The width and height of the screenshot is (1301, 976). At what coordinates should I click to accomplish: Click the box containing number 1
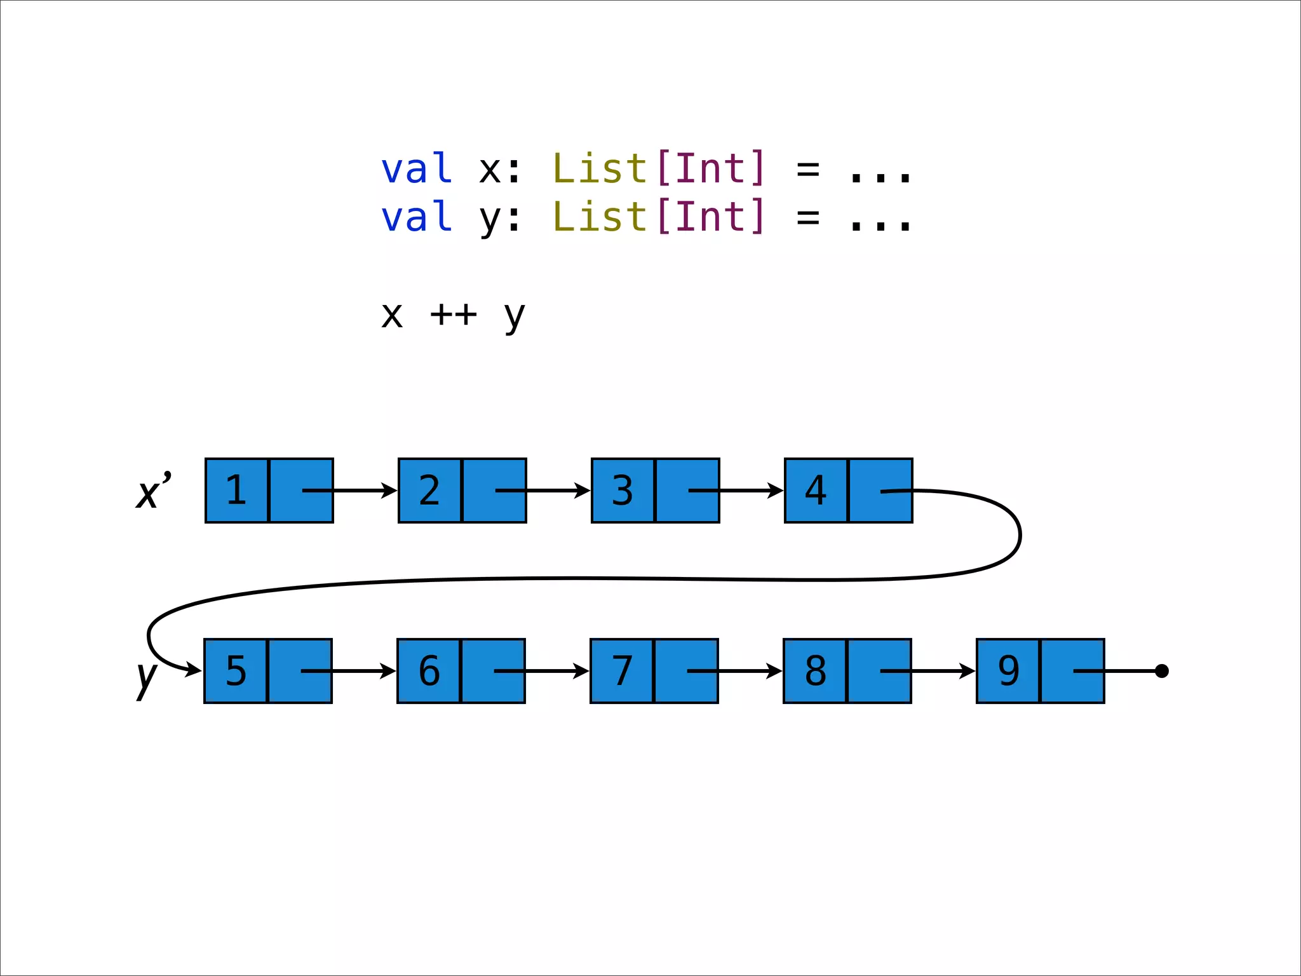tap(237, 491)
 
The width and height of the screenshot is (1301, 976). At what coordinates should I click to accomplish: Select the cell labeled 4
tap(816, 491)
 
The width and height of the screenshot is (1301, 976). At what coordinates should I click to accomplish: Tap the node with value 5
tap(236, 671)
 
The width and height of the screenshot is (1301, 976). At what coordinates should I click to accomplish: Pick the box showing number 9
tap(1008, 671)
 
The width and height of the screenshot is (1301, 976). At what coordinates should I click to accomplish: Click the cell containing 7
tap(622, 671)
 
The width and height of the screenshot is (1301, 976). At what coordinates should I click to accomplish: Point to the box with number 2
tap(430, 491)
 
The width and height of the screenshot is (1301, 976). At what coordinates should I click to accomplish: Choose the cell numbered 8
tap(815, 671)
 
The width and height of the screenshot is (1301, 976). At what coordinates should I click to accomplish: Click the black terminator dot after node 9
tap(1162, 671)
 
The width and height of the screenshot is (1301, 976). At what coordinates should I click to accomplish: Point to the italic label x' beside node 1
tap(153, 491)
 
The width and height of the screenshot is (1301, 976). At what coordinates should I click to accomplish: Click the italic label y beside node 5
tap(147, 677)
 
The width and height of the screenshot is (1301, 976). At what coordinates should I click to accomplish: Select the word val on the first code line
tap(416, 169)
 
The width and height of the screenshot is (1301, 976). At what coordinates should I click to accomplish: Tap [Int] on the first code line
tap(711, 169)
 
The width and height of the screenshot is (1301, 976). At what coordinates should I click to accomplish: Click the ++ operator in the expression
tap(453, 315)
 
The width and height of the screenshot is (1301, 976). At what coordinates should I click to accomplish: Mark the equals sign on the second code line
tap(808, 218)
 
